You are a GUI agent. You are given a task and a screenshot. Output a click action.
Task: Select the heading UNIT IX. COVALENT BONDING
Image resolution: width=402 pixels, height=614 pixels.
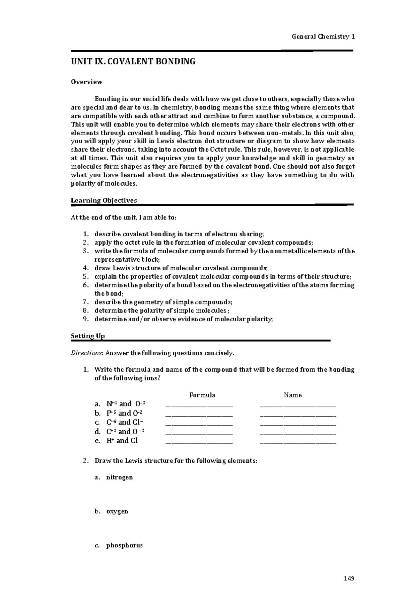133,62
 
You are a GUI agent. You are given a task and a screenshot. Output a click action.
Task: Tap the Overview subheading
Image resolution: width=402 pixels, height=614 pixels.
87,82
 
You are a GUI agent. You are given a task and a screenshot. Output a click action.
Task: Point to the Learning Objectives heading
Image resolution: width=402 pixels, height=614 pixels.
104,200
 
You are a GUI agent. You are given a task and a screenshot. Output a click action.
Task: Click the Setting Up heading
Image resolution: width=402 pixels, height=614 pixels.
88,336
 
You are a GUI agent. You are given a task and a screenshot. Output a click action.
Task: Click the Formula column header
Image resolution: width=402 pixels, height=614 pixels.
202,395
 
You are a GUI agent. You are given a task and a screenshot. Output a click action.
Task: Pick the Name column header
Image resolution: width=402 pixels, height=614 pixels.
293,395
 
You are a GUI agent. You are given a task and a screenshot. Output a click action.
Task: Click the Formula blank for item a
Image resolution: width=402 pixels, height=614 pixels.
199,405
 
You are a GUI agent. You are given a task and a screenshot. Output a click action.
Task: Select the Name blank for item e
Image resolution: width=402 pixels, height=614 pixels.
298,442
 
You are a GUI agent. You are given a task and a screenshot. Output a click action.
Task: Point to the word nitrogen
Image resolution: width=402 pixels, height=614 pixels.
120,477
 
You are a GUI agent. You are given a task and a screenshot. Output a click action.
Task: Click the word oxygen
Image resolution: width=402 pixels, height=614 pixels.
117,511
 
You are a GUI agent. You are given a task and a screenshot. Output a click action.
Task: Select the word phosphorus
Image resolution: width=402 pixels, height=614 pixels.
125,545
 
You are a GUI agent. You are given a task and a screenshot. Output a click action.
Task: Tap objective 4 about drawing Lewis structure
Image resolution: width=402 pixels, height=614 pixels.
181,268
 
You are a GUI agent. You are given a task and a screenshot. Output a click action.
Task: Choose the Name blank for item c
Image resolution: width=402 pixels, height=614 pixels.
298,424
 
